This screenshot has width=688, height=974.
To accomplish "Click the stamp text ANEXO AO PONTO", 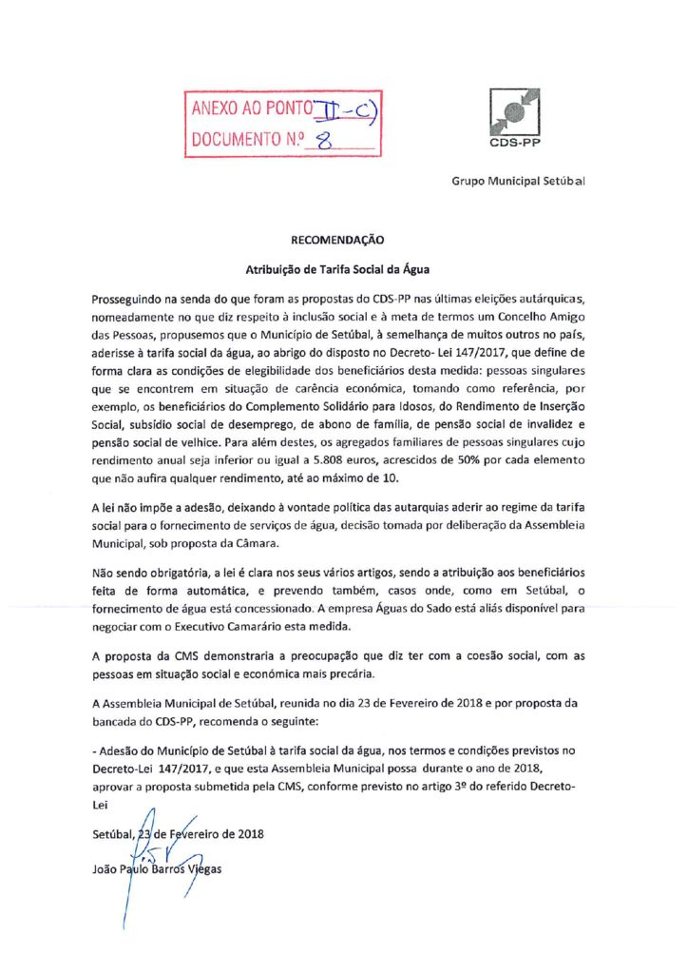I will (245, 109).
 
